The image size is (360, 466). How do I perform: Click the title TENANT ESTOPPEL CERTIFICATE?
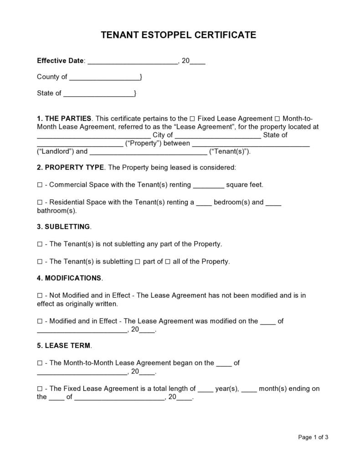pyautogui.click(x=179, y=35)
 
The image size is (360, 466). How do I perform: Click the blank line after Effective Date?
pyautogui.click(x=132, y=61)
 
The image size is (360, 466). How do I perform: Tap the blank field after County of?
pyautogui.click(x=104, y=78)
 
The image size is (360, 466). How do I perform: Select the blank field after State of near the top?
pyautogui.click(x=98, y=94)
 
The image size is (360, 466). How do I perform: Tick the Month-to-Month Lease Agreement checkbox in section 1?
pyautogui.click(x=278, y=119)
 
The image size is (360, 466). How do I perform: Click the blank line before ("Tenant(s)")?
pyautogui.click(x=148, y=152)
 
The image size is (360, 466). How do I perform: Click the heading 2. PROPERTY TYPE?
pyautogui.click(x=71, y=167)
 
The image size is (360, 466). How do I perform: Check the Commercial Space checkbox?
pyautogui.click(x=40, y=185)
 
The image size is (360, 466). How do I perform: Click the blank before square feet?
pyautogui.click(x=209, y=186)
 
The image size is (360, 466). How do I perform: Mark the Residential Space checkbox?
pyautogui.click(x=40, y=202)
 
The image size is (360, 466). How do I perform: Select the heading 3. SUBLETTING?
pyautogui.click(x=64, y=227)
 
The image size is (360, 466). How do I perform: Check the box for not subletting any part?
pyautogui.click(x=40, y=244)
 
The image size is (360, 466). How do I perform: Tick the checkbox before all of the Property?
pyautogui.click(x=168, y=262)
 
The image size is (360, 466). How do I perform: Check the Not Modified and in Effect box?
pyautogui.click(x=40, y=295)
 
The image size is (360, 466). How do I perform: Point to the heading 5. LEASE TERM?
pyautogui.click(x=64, y=346)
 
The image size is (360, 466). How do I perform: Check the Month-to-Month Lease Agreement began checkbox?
pyautogui.click(x=40, y=363)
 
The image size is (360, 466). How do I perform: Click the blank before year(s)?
pyautogui.click(x=206, y=389)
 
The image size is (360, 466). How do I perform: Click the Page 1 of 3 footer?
pyautogui.click(x=313, y=437)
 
